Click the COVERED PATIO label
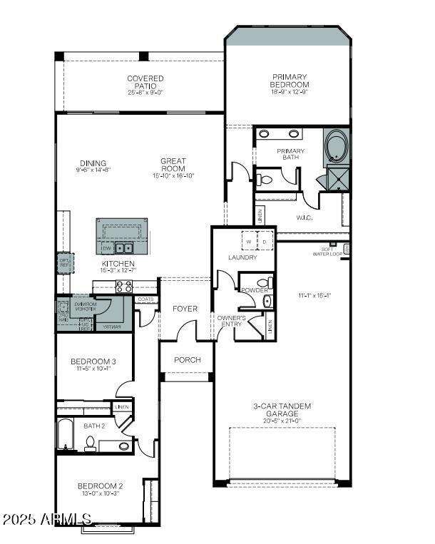[145, 83]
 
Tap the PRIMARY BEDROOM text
[289, 81]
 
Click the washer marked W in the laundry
[249, 242]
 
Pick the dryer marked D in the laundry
[264, 242]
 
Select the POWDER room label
[254, 291]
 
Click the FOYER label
[185, 309]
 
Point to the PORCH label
[187, 360]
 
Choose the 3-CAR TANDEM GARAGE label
[282, 410]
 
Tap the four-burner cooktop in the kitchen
[123, 287]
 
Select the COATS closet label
[145, 299]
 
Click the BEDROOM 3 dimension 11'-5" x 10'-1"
[93, 369]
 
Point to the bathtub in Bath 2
[65, 435]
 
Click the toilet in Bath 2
[91, 443]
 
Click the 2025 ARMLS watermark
[47, 518]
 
